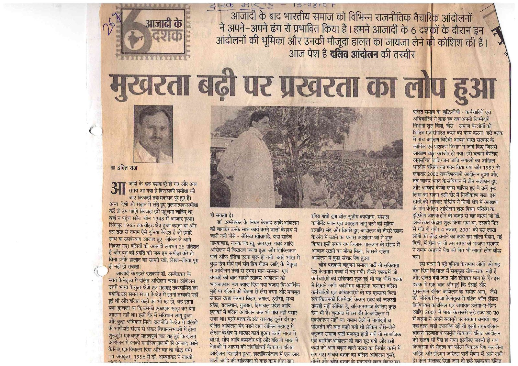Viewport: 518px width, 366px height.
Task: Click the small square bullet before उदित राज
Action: point(113,168)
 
